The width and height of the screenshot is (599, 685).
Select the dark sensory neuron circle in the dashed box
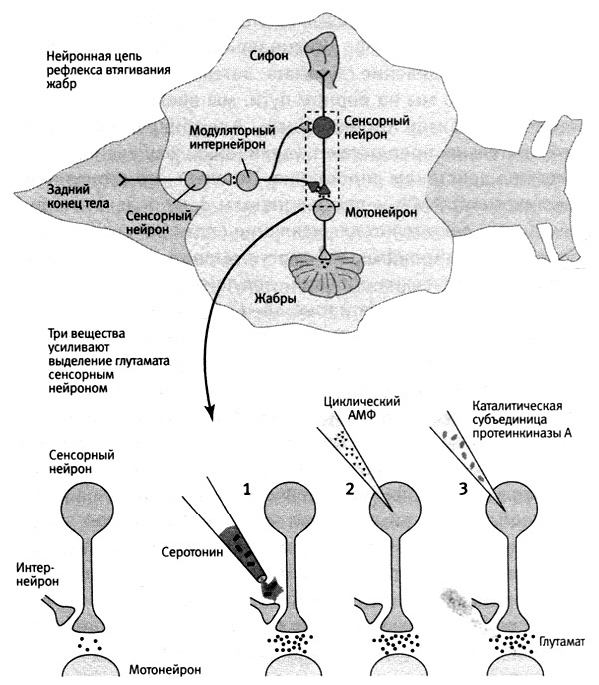point(324,127)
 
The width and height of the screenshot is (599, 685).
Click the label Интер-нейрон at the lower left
point(38,575)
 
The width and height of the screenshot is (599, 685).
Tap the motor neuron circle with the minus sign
point(324,210)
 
